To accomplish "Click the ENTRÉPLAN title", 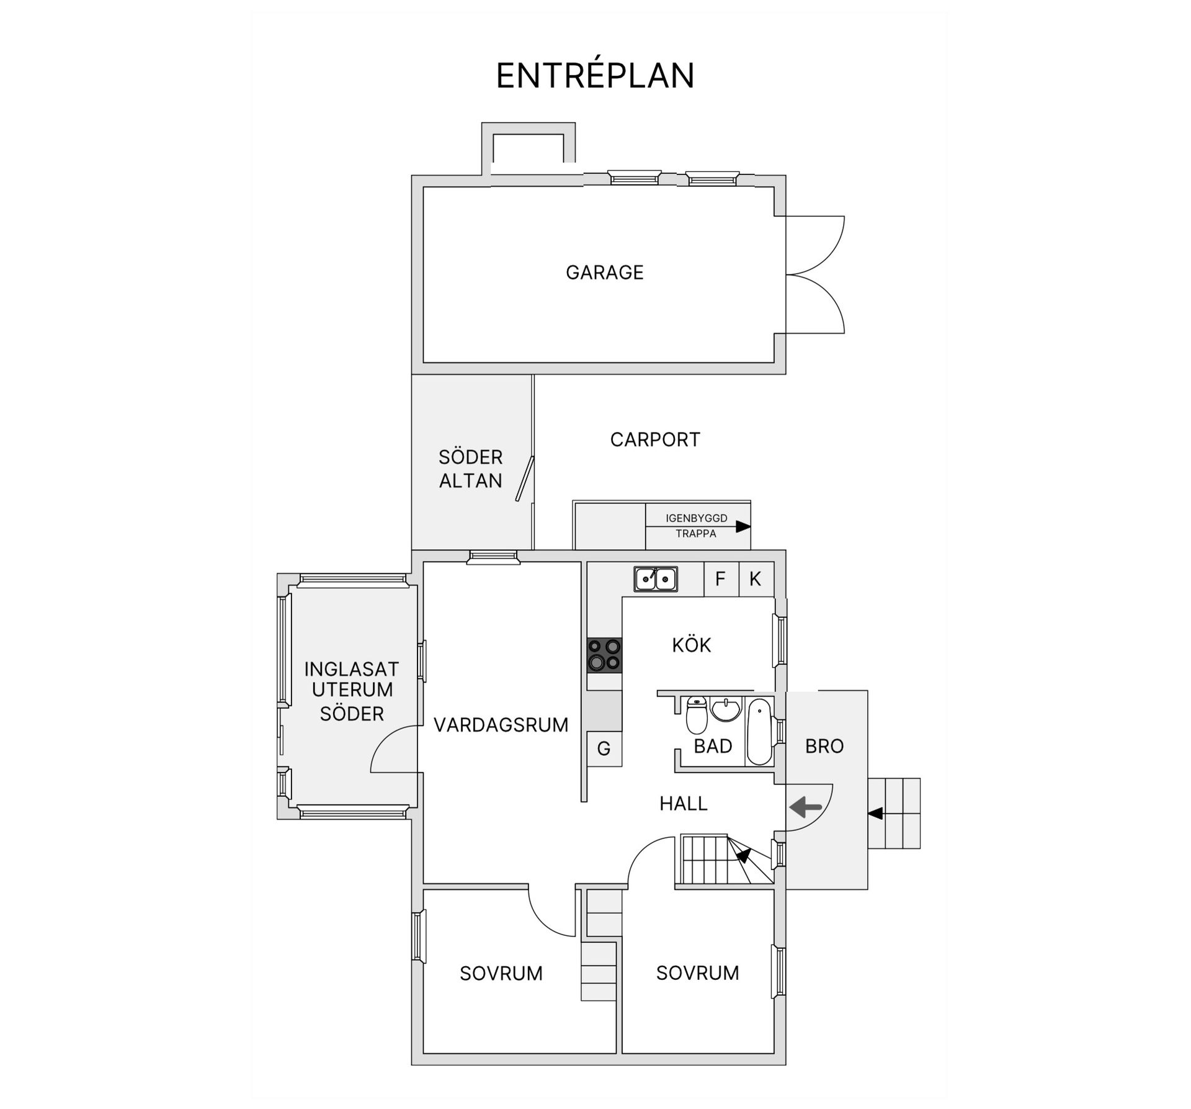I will [x=594, y=76].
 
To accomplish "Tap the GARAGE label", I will [x=604, y=272].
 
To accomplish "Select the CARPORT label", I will [x=654, y=440].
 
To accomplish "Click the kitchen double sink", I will [x=656, y=579].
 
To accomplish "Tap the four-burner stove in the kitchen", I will [x=604, y=655].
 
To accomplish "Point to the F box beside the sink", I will [x=720, y=579].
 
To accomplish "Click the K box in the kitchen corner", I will [x=755, y=579].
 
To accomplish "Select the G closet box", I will [x=604, y=749].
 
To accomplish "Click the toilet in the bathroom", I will [x=697, y=715].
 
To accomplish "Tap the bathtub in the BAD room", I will [x=759, y=732].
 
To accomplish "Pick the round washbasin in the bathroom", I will [x=725, y=709].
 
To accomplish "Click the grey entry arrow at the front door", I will [x=805, y=807].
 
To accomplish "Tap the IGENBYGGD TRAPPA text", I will [x=696, y=526].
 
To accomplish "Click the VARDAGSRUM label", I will [x=501, y=725].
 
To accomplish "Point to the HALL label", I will [x=683, y=804].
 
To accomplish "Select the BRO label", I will [x=824, y=746].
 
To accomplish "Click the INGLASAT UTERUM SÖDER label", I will [x=351, y=691].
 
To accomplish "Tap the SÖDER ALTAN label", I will [x=470, y=469].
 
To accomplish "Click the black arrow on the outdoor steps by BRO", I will [x=875, y=813].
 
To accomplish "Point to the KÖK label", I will [x=691, y=645].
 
